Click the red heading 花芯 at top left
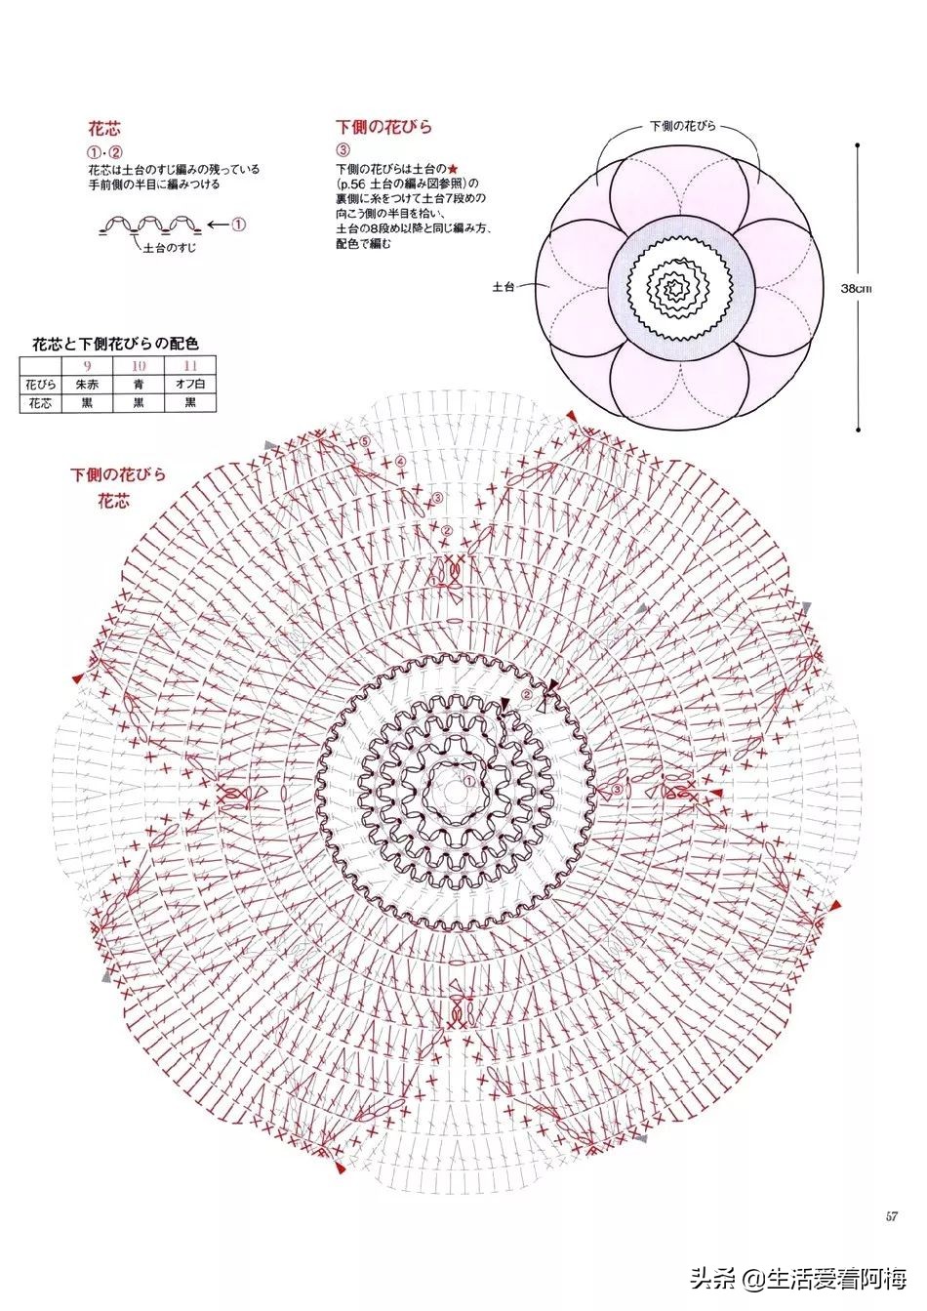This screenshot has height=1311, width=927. point(104,128)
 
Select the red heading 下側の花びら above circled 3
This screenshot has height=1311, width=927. point(383,127)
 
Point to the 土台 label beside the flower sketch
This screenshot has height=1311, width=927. point(504,287)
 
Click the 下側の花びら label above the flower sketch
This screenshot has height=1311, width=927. point(683,127)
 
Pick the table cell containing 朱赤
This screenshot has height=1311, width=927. point(87,384)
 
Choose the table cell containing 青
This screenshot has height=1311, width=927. point(139,384)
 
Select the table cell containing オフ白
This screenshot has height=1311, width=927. point(190,384)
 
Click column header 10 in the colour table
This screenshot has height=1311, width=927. point(139,366)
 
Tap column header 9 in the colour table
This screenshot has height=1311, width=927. point(87,366)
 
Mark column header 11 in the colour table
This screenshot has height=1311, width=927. point(190,366)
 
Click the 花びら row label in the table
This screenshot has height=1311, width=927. point(40,384)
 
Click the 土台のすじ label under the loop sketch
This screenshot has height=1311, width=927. point(169,250)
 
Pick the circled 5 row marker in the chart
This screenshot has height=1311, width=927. point(365,441)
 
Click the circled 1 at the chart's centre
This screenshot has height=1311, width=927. point(467,780)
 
